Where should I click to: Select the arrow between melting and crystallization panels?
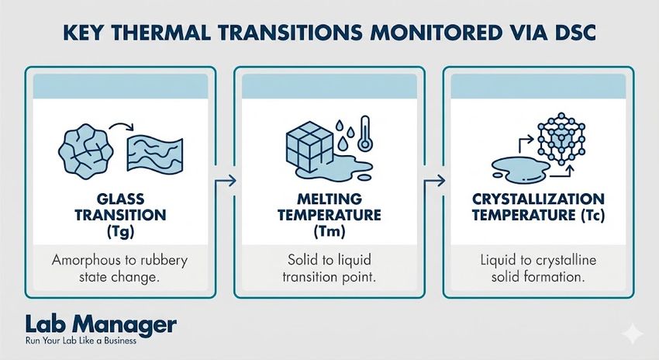436,182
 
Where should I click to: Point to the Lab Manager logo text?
100,324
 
